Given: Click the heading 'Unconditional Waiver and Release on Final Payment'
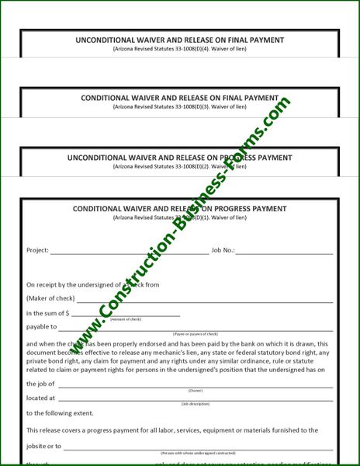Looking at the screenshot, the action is pos(179,40).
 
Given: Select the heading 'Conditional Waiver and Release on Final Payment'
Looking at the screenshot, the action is pos(179,98).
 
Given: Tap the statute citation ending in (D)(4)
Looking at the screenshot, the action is pos(179,49).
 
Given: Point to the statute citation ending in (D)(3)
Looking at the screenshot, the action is pos(179,106).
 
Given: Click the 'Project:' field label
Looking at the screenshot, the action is pos(37,251).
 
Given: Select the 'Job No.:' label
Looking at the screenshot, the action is pos(222,251).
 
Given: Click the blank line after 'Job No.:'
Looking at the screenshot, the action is pos(284,252).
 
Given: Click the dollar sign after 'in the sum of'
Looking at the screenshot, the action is pos(67,313).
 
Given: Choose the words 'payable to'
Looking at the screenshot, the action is pos(41,327).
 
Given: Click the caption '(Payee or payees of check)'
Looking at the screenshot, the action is pos(195,334).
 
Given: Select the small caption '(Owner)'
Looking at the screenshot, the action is pos(195,390).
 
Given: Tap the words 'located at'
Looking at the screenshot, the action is pos(40,398).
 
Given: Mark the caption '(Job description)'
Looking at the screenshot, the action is pos(195,405).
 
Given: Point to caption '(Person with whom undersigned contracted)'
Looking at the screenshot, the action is pos(197,452).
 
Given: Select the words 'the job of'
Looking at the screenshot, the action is pos(40,384).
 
